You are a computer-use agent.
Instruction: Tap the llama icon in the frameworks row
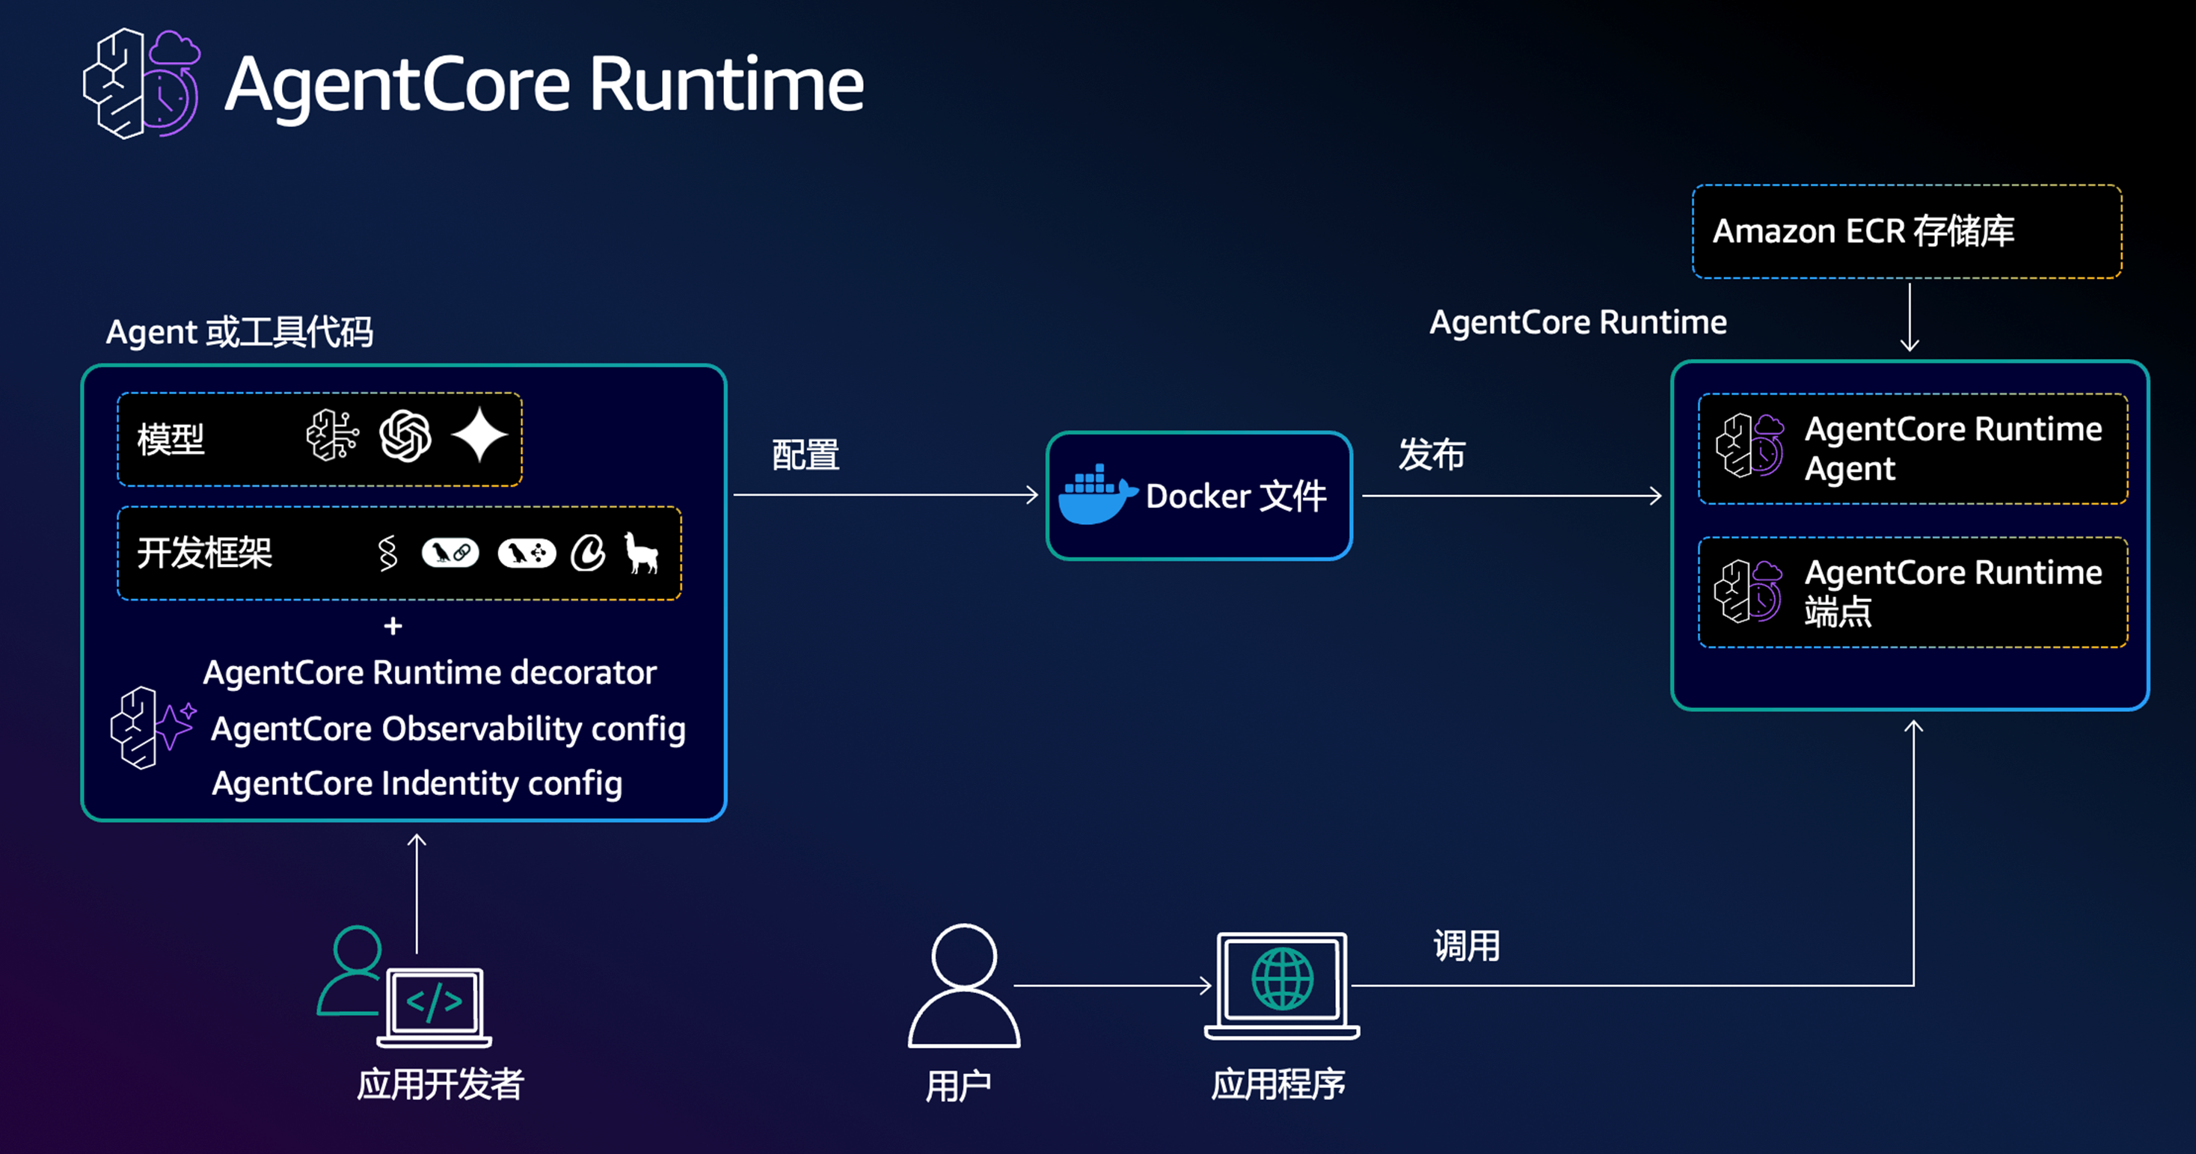(641, 553)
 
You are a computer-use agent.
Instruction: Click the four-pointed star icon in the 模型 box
(480, 435)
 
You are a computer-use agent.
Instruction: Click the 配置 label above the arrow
(806, 455)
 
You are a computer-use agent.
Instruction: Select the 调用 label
(1466, 946)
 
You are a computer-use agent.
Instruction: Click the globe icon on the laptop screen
(1282, 978)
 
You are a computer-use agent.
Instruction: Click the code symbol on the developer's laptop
(435, 1002)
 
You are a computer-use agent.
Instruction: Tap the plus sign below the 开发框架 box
(393, 627)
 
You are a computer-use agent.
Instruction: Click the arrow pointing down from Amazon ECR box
(1910, 317)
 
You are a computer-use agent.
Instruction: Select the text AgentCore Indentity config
(417, 783)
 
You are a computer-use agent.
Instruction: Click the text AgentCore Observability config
(447, 728)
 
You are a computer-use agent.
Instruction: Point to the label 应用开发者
(440, 1085)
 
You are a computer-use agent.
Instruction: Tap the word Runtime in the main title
(726, 85)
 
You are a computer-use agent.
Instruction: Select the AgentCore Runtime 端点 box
(1913, 592)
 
